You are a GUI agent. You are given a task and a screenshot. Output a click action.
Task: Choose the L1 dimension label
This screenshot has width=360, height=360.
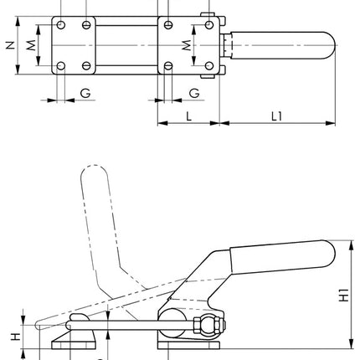click(276, 116)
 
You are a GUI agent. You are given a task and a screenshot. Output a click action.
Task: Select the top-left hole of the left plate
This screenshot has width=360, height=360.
click(59, 24)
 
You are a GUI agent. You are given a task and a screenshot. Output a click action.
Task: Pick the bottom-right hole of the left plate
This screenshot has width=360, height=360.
click(87, 65)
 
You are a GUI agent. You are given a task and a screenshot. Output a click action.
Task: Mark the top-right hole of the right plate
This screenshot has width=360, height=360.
click(209, 24)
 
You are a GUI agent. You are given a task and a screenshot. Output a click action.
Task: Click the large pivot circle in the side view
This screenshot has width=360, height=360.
click(172, 318)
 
